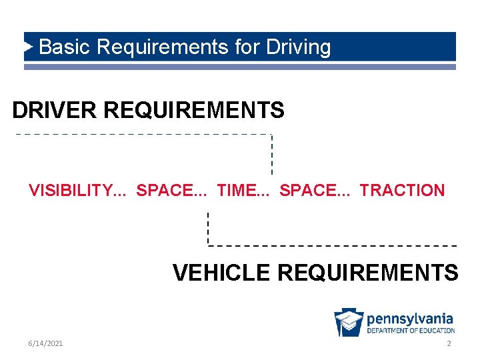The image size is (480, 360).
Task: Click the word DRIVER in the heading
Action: pos(55,110)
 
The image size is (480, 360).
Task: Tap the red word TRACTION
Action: pos(402,191)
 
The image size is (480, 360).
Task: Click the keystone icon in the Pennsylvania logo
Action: pos(349,323)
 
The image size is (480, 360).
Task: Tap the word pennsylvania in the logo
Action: pos(410,319)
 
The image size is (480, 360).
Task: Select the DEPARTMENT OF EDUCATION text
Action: pos(411,331)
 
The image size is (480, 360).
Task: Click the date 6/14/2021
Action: pos(46,343)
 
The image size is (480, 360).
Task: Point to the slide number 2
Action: pos(449,343)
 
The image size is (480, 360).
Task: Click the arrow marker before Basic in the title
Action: pos(29,47)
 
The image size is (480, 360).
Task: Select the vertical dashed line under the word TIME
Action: pos(208,228)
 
